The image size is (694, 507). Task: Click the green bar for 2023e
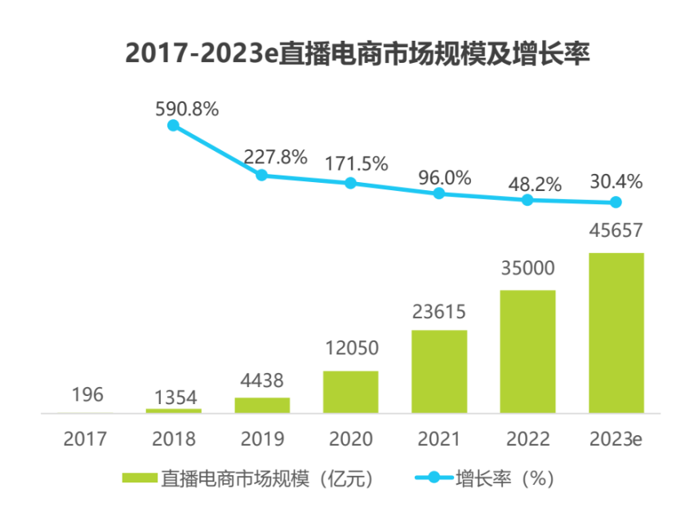[x=616, y=332]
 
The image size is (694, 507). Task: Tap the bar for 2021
[x=439, y=371]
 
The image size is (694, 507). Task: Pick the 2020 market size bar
[x=350, y=392]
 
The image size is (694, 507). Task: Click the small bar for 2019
[x=262, y=405]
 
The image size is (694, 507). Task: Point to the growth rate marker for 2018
[x=173, y=126]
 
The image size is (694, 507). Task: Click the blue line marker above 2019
[x=262, y=175]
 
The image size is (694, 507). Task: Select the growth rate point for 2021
[x=439, y=193]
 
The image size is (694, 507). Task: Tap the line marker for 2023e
[x=616, y=202]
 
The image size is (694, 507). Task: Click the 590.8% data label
[x=187, y=109]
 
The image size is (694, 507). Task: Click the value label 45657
[x=616, y=232]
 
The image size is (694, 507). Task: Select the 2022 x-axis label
[x=527, y=440]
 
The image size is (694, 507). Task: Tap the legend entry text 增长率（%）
[x=506, y=478]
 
